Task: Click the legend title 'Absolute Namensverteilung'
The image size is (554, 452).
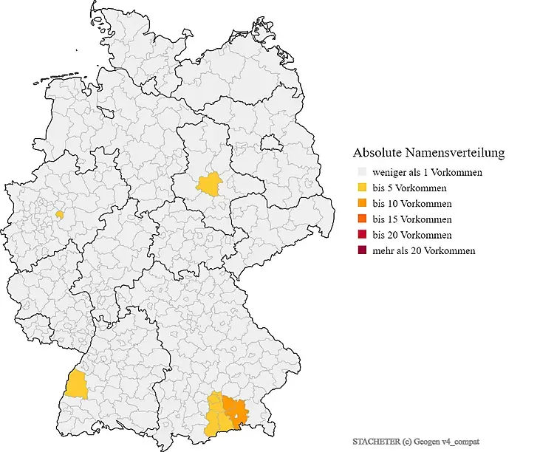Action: [x=428, y=153]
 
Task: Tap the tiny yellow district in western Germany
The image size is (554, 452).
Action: [x=60, y=215]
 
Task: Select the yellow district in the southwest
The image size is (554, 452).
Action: [x=75, y=385]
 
